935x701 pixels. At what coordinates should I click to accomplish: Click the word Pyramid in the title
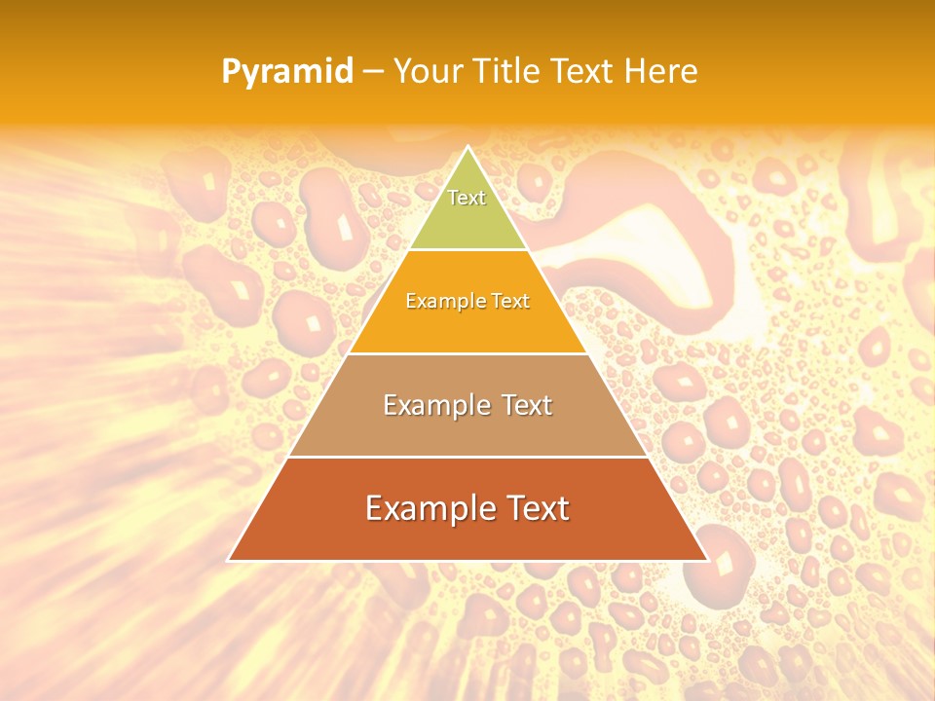point(286,72)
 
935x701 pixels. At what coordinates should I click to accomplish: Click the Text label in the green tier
point(467,198)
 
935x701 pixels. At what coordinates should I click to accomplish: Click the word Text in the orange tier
point(510,301)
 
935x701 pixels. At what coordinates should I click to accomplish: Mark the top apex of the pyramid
point(467,147)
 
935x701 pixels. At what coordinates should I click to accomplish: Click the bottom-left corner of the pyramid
point(228,561)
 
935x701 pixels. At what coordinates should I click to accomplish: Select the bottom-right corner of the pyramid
point(708,561)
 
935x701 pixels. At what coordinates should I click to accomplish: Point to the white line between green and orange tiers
point(467,249)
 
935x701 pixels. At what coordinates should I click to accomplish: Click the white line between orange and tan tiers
point(467,353)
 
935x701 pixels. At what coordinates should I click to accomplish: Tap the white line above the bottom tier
point(467,457)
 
